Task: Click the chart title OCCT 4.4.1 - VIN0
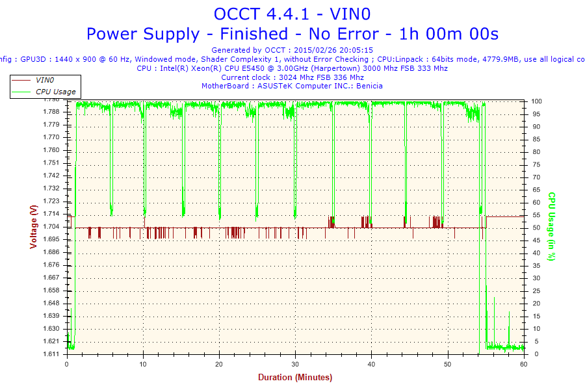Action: pos(292,14)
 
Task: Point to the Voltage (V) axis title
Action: pos(33,226)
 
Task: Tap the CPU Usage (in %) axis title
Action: pos(551,226)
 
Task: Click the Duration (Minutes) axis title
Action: pos(295,378)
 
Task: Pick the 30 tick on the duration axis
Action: pos(295,365)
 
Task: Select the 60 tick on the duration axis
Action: pos(524,365)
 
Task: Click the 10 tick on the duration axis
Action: pos(143,365)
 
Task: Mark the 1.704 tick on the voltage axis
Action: pos(51,227)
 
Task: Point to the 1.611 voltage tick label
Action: pos(51,354)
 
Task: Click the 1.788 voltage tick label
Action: pos(51,112)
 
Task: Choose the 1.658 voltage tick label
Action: pos(51,291)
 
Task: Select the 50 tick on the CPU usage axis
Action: pos(536,227)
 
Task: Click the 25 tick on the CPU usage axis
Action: pos(536,291)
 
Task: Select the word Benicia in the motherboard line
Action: pos(370,86)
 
